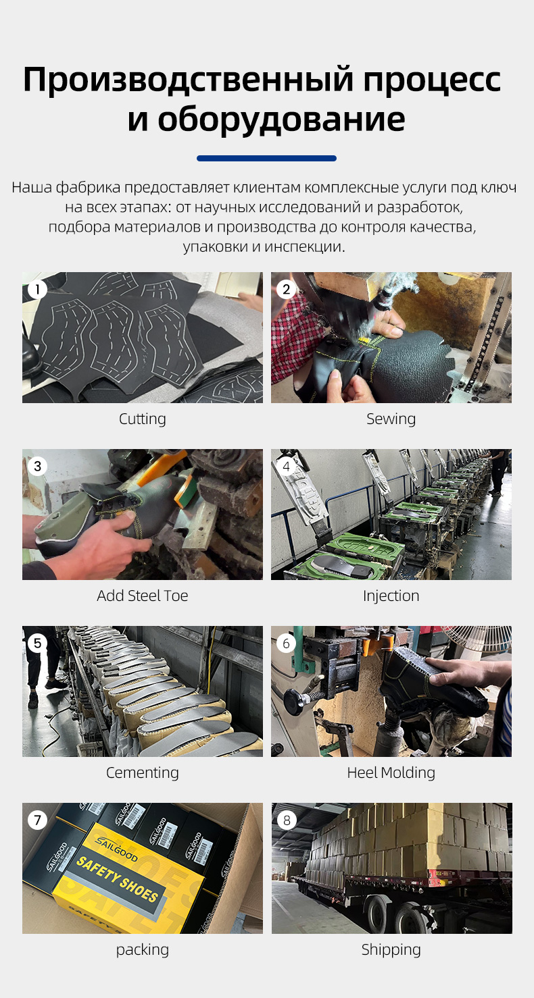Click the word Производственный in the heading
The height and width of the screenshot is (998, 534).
coord(189,80)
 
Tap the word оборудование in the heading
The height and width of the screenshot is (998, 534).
coord(281,119)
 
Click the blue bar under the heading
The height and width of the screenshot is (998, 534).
coord(266,158)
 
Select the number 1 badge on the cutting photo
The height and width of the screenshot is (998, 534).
coord(37,290)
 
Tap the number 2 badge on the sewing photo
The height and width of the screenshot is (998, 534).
coord(286,290)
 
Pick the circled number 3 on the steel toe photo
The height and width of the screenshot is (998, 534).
coord(37,467)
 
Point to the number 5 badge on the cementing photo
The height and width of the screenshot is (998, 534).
coord(37,644)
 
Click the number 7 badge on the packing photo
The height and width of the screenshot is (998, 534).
coord(37,820)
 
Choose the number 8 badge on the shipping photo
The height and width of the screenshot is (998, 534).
coord(286,820)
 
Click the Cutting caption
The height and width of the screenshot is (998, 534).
coord(143,419)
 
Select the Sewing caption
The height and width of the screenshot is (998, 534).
coord(391,419)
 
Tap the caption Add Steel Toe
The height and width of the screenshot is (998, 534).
coord(143,596)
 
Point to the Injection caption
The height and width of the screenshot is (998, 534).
coord(391,596)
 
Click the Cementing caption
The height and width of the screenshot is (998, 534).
coord(143,773)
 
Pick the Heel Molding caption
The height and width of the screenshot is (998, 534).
coord(391,773)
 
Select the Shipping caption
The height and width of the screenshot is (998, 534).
coord(391,950)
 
